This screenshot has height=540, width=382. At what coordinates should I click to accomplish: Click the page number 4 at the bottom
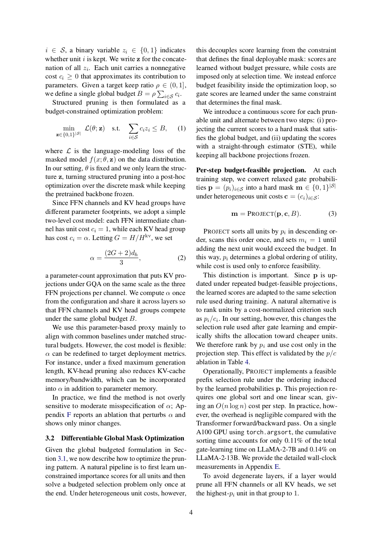click(x=191, y=512)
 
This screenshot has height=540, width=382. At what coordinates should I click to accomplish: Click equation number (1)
click(x=182, y=128)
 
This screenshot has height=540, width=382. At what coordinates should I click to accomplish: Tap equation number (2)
click(x=182, y=258)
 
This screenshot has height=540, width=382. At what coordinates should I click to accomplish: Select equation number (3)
click(x=332, y=213)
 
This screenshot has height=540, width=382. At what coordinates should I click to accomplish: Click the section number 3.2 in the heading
click(x=50, y=438)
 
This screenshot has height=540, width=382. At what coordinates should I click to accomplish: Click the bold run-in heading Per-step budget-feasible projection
click(x=251, y=170)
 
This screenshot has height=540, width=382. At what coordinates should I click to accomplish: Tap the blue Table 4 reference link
click(x=247, y=362)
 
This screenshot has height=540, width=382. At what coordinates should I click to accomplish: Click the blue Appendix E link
click(x=277, y=467)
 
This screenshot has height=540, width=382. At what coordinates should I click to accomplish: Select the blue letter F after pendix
click(x=69, y=415)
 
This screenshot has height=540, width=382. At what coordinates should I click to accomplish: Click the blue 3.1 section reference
click(x=62, y=458)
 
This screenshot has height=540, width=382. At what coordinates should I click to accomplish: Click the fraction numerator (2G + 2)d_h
click(x=121, y=253)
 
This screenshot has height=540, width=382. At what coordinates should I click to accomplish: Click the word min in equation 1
click(x=68, y=128)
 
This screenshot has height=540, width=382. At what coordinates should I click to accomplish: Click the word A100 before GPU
click(x=204, y=432)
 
